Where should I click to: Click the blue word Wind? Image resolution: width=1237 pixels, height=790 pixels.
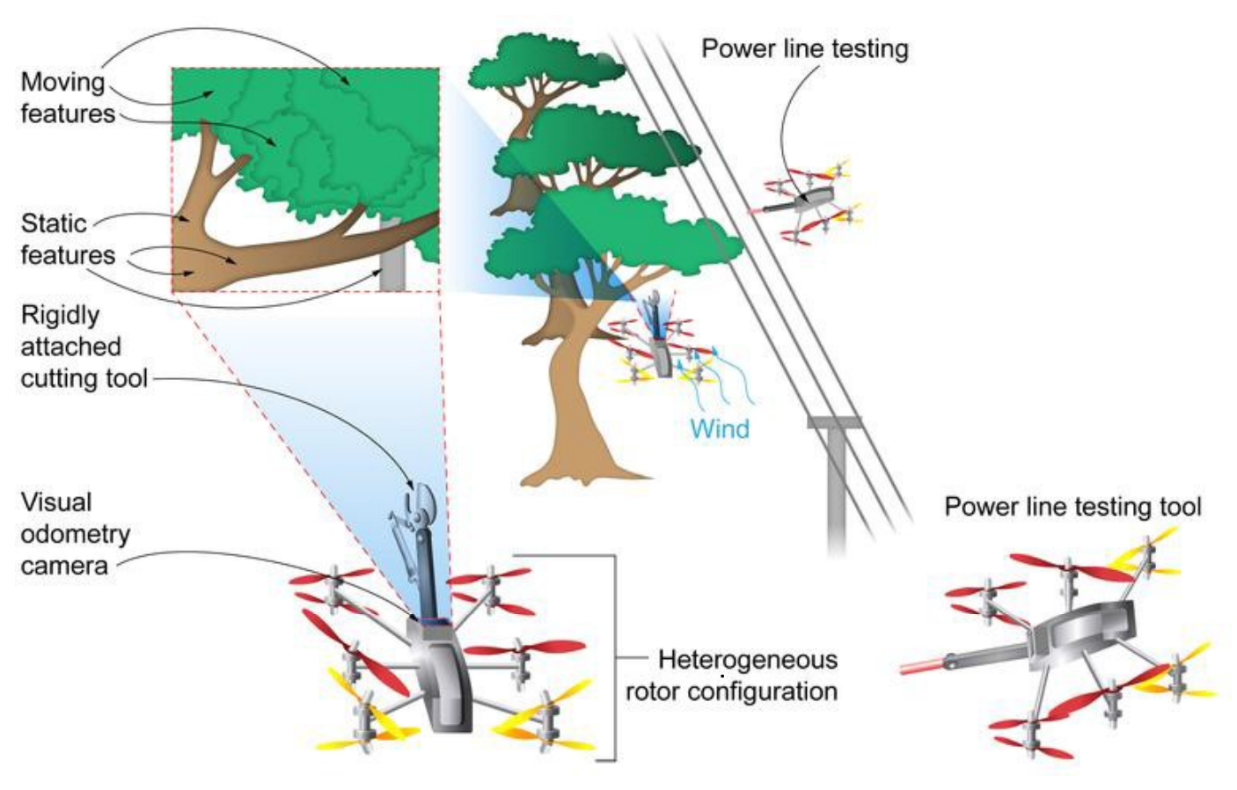click(x=720, y=429)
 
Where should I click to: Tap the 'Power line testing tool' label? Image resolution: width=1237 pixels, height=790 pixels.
click(x=1072, y=507)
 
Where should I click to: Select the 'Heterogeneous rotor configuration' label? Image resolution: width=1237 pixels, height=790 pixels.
click(x=732, y=676)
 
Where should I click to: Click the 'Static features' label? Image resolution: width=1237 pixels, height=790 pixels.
click(x=67, y=238)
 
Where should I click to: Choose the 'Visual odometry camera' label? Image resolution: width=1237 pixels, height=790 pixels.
click(x=75, y=533)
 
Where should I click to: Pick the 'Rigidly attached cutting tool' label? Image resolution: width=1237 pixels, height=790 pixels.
click(x=83, y=347)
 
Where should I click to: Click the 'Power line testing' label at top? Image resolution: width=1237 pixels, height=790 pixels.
click(x=804, y=48)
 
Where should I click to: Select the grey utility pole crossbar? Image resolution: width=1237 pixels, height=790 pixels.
click(x=833, y=423)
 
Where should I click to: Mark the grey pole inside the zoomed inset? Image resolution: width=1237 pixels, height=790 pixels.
click(x=392, y=257)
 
